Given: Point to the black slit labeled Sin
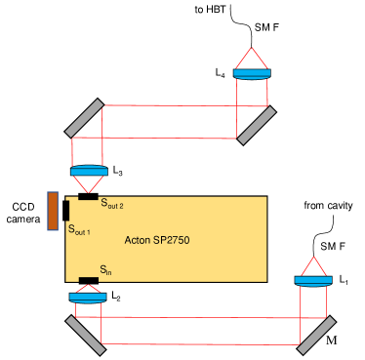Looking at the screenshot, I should [88, 281].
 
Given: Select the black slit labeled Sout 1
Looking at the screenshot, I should [65, 210].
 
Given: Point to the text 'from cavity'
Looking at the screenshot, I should [328, 205].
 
